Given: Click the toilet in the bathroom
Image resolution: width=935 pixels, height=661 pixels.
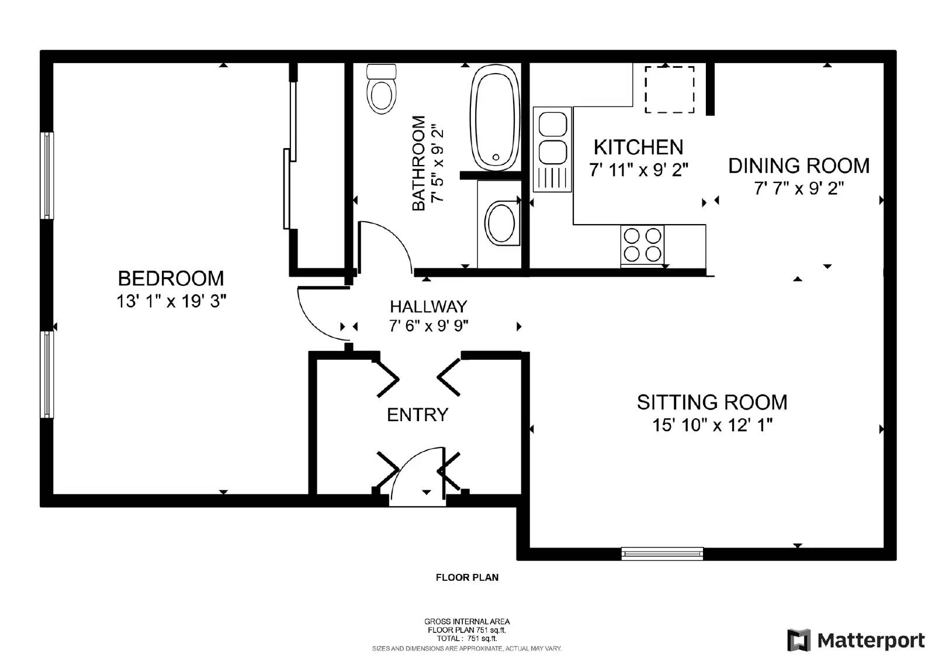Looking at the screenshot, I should (381, 90).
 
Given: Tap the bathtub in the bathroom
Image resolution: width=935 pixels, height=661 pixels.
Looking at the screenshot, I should (496, 118).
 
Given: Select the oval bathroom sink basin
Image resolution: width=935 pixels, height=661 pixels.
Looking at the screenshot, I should (501, 222).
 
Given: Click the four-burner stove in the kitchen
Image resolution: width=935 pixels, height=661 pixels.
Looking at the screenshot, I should (642, 245).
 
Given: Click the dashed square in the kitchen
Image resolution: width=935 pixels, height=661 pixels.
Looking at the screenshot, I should (669, 89).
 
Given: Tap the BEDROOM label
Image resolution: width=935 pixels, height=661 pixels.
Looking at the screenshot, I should (171, 278).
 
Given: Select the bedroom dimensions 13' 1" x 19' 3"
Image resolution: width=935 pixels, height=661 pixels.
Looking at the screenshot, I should (171, 301).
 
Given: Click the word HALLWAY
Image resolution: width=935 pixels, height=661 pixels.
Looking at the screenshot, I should (428, 307).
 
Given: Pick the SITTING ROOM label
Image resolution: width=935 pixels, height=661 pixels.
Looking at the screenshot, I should (712, 402).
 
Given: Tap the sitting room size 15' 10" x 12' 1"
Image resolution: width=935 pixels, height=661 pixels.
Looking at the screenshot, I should (712, 425).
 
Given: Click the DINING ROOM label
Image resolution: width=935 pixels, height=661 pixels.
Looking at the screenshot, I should (798, 166).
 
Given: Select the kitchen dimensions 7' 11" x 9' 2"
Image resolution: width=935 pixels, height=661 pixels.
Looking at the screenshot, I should (638, 170).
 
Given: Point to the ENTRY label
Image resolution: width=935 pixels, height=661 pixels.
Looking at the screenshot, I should (417, 415).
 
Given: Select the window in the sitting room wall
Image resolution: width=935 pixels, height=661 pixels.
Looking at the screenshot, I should (662, 553).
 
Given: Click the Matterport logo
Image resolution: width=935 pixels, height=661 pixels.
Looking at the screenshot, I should (856, 640).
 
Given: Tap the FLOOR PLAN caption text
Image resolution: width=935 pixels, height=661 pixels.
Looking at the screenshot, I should (467, 577).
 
